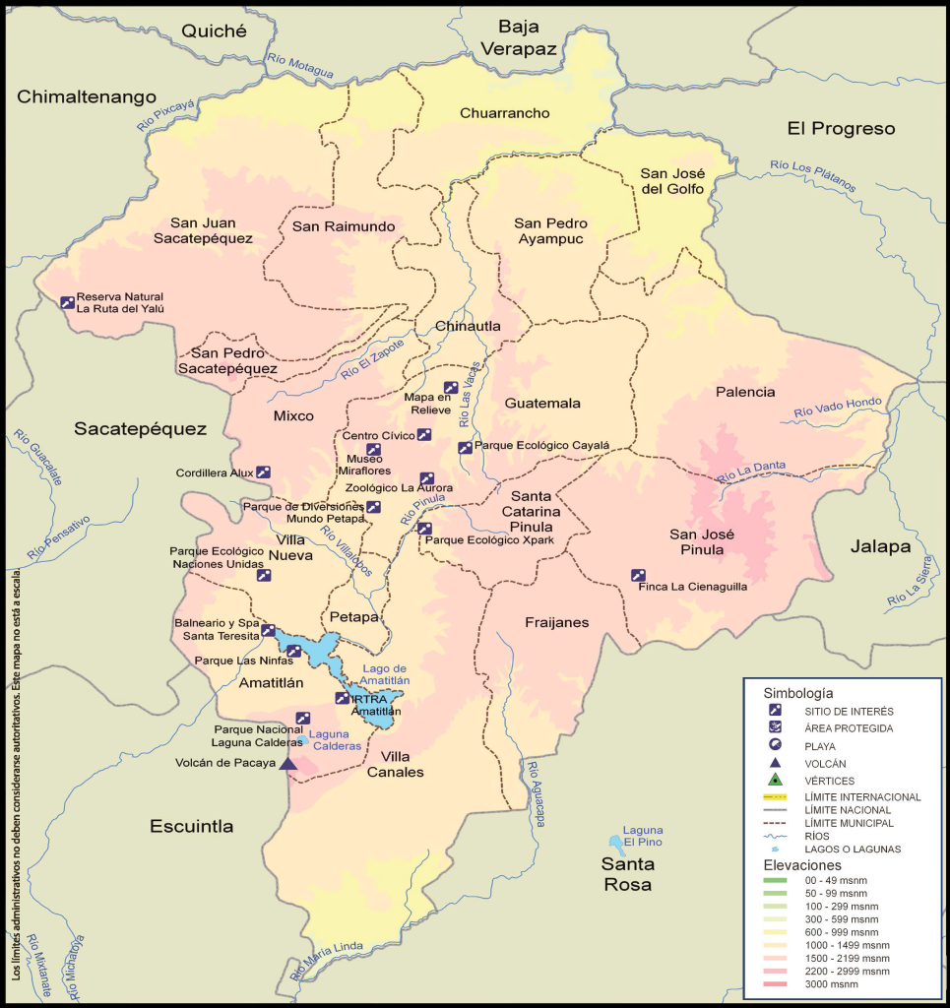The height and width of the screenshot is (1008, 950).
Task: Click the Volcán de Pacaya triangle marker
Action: click(x=287, y=763)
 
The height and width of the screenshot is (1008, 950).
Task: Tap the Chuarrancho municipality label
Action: click(x=504, y=113)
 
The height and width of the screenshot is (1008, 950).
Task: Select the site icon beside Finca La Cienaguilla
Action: click(x=638, y=576)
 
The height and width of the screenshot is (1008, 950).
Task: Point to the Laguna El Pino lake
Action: click(x=616, y=844)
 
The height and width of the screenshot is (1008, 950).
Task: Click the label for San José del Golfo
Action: click(x=672, y=180)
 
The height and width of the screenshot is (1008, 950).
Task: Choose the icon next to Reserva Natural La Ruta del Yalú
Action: click(x=67, y=302)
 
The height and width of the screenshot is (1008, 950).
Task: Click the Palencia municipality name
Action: click(x=745, y=392)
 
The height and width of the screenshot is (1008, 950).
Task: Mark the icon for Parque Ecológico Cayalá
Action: click(x=465, y=447)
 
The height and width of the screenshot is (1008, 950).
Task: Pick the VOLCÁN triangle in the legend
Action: click(x=776, y=763)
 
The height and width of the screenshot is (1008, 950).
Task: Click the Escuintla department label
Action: click(x=192, y=826)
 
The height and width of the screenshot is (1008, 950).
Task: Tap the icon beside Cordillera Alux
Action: click(x=263, y=472)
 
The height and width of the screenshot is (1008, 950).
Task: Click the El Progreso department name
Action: click(x=841, y=129)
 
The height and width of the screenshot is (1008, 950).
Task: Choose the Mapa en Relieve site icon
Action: click(x=450, y=388)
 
